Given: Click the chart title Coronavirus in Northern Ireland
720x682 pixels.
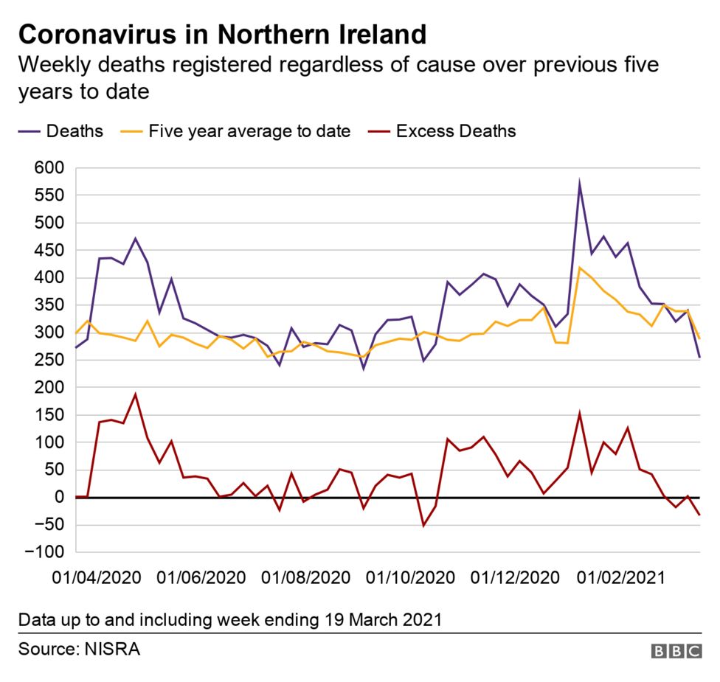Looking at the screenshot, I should click(x=222, y=35).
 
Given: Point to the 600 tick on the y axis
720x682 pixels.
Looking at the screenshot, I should click(x=49, y=169).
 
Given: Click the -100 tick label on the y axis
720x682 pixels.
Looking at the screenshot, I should click(x=44, y=552).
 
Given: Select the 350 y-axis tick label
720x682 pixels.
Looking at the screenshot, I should click(x=49, y=305).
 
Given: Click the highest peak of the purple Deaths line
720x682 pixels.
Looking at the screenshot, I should click(x=580, y=181).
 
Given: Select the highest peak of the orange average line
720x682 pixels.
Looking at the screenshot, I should click(x=580, y=268).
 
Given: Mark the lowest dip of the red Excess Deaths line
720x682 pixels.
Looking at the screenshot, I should click(x=423, y=526).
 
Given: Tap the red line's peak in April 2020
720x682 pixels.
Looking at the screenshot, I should click(x=135, y=394).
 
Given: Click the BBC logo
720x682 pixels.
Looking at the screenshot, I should click(x=676, y=651).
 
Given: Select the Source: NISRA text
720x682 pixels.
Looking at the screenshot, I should click(x=79, y=650).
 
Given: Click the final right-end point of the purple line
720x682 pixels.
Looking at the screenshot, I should click(x=699, y=358).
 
